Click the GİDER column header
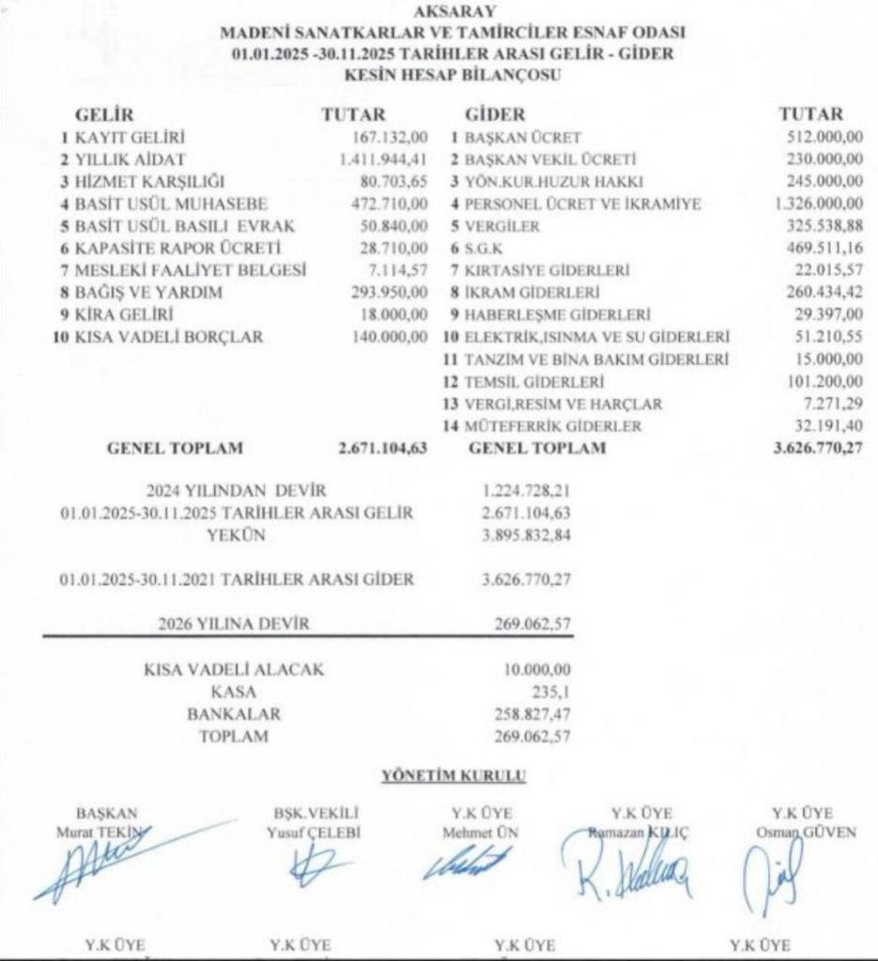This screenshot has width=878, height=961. click(x=495, y=115)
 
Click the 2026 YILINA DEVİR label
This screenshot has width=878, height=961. click(x=234, y=622)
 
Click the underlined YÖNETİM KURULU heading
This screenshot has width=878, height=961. click(x=454, y=775)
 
